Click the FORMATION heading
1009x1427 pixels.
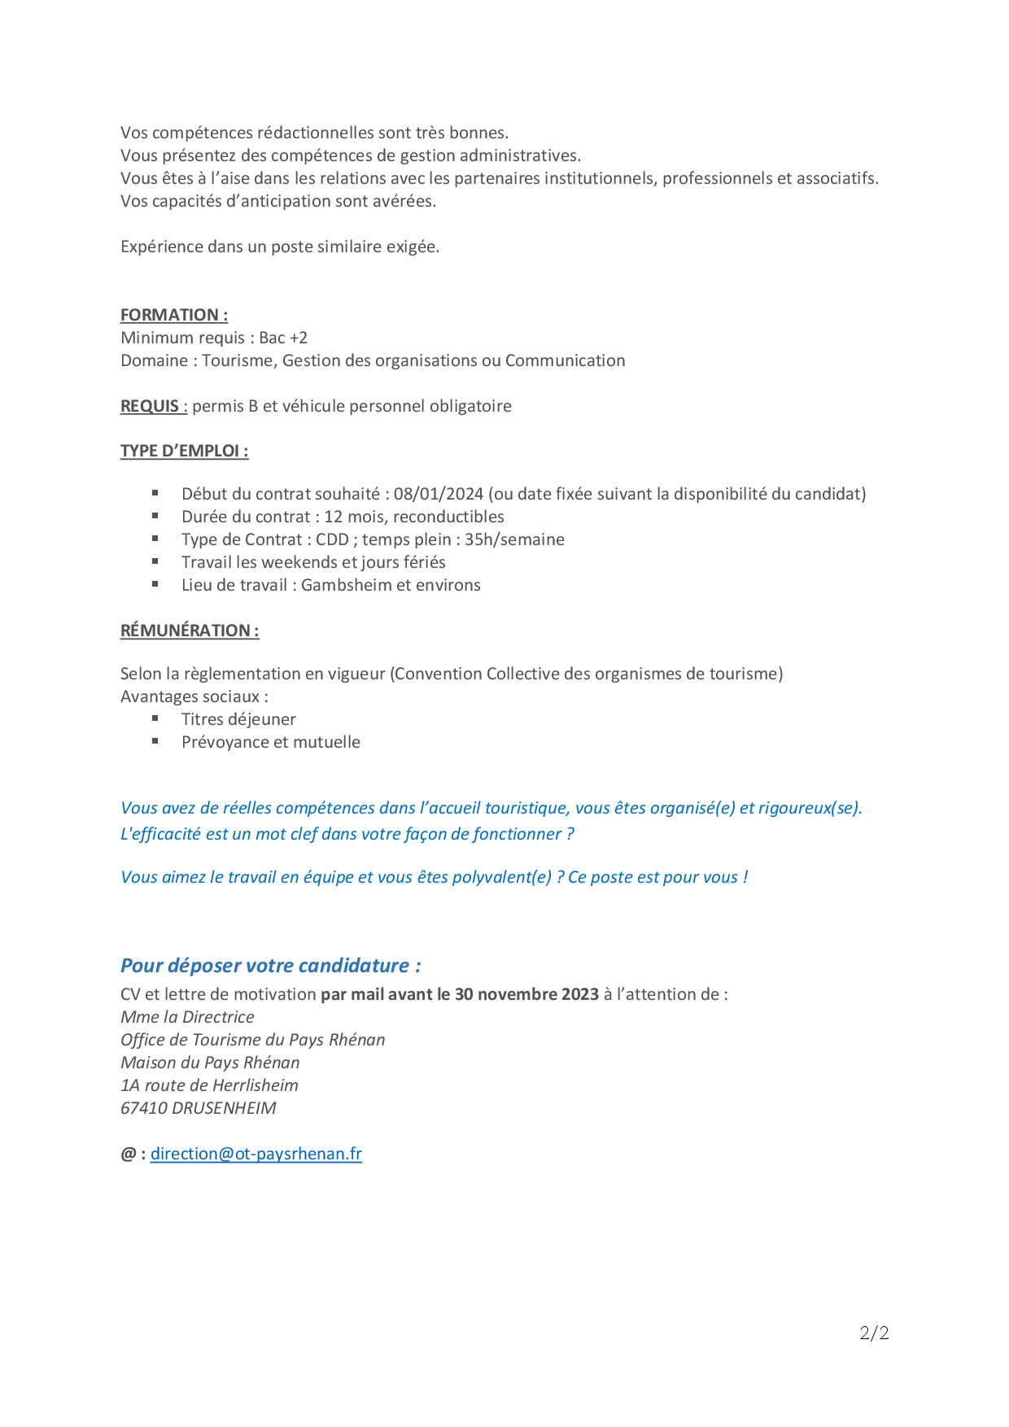tap(173, 315)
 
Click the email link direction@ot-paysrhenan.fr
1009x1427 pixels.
tap(256, 1154)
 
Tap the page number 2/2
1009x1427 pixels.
tap(874, 1333)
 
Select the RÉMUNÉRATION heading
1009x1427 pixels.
tap(190, 631)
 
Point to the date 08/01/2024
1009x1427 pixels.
tap(439, 494)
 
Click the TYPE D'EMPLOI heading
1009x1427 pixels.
tap(184, 451)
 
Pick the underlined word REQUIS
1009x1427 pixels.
tap(150, 406)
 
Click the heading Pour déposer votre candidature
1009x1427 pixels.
tap(270, 966)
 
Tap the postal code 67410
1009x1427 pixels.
tap(144, 1108)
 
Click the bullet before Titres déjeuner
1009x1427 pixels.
tap(155, 718)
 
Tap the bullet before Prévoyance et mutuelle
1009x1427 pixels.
tap(155, 741)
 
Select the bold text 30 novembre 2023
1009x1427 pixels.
tap(526, 994)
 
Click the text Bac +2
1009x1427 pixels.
tap(283, 338)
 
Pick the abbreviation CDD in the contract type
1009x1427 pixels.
tap(332, 539)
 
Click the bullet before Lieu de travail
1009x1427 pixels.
tap(155, 584)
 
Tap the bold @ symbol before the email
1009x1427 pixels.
tap(128, 1154)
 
